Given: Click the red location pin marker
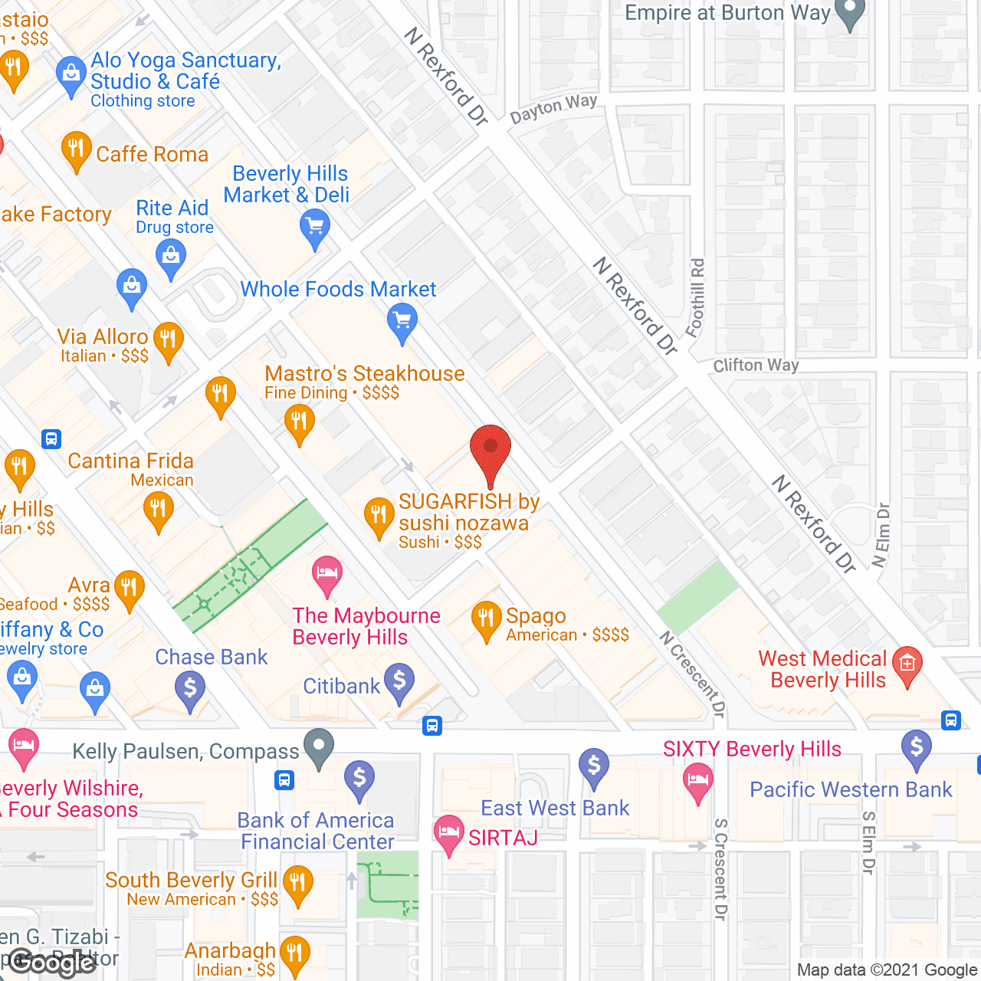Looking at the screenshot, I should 490,448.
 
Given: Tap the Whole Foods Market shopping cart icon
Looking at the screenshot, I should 402,320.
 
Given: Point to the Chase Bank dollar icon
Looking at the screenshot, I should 190,688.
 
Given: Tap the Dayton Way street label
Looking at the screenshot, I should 553,108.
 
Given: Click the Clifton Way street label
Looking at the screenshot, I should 756,366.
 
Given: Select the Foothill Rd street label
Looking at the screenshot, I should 696,298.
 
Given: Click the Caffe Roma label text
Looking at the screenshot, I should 152,154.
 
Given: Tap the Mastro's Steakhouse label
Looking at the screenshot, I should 365,374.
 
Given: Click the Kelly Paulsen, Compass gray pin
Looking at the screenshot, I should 319,746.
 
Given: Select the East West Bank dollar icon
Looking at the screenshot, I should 594,766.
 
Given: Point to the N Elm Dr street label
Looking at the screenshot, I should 881,535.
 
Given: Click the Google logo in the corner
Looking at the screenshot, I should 52,962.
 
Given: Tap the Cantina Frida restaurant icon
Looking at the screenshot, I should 159,510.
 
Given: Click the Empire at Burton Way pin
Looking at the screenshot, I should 849,13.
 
